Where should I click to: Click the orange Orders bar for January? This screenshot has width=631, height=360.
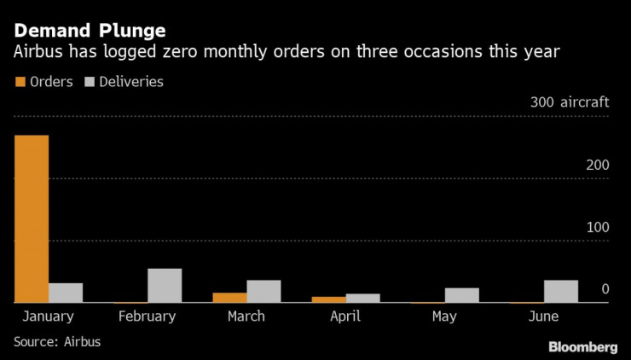[x=32, y=218]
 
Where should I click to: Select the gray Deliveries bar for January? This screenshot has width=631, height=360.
[x=66, y=293]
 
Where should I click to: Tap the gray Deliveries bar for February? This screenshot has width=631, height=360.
[x=165, y=286]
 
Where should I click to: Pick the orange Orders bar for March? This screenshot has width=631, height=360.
[x=229, y=298]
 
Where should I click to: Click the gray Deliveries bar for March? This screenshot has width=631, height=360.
[x=263, y=291]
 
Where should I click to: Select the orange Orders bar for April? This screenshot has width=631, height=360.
[x=328, y=299]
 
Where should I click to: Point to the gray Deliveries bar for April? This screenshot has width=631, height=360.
[x=362, y=298]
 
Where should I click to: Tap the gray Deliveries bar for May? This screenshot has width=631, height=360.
[x=461, y=295]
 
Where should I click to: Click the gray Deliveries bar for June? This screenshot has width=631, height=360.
[x=560, y=291]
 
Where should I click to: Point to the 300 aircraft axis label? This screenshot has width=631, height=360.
[x=570, y=102]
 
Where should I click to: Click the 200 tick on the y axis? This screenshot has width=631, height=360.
[x=599, y=165]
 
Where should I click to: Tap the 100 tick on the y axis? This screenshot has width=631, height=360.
[x=599, y=227]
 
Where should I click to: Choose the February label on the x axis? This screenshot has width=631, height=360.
[x=148, y=316]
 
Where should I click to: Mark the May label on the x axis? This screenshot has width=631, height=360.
[x=444, y=316]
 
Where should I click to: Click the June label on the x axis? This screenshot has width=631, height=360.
[x=543, y=316]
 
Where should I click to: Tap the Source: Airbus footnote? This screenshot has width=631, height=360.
[x=57, y=341]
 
